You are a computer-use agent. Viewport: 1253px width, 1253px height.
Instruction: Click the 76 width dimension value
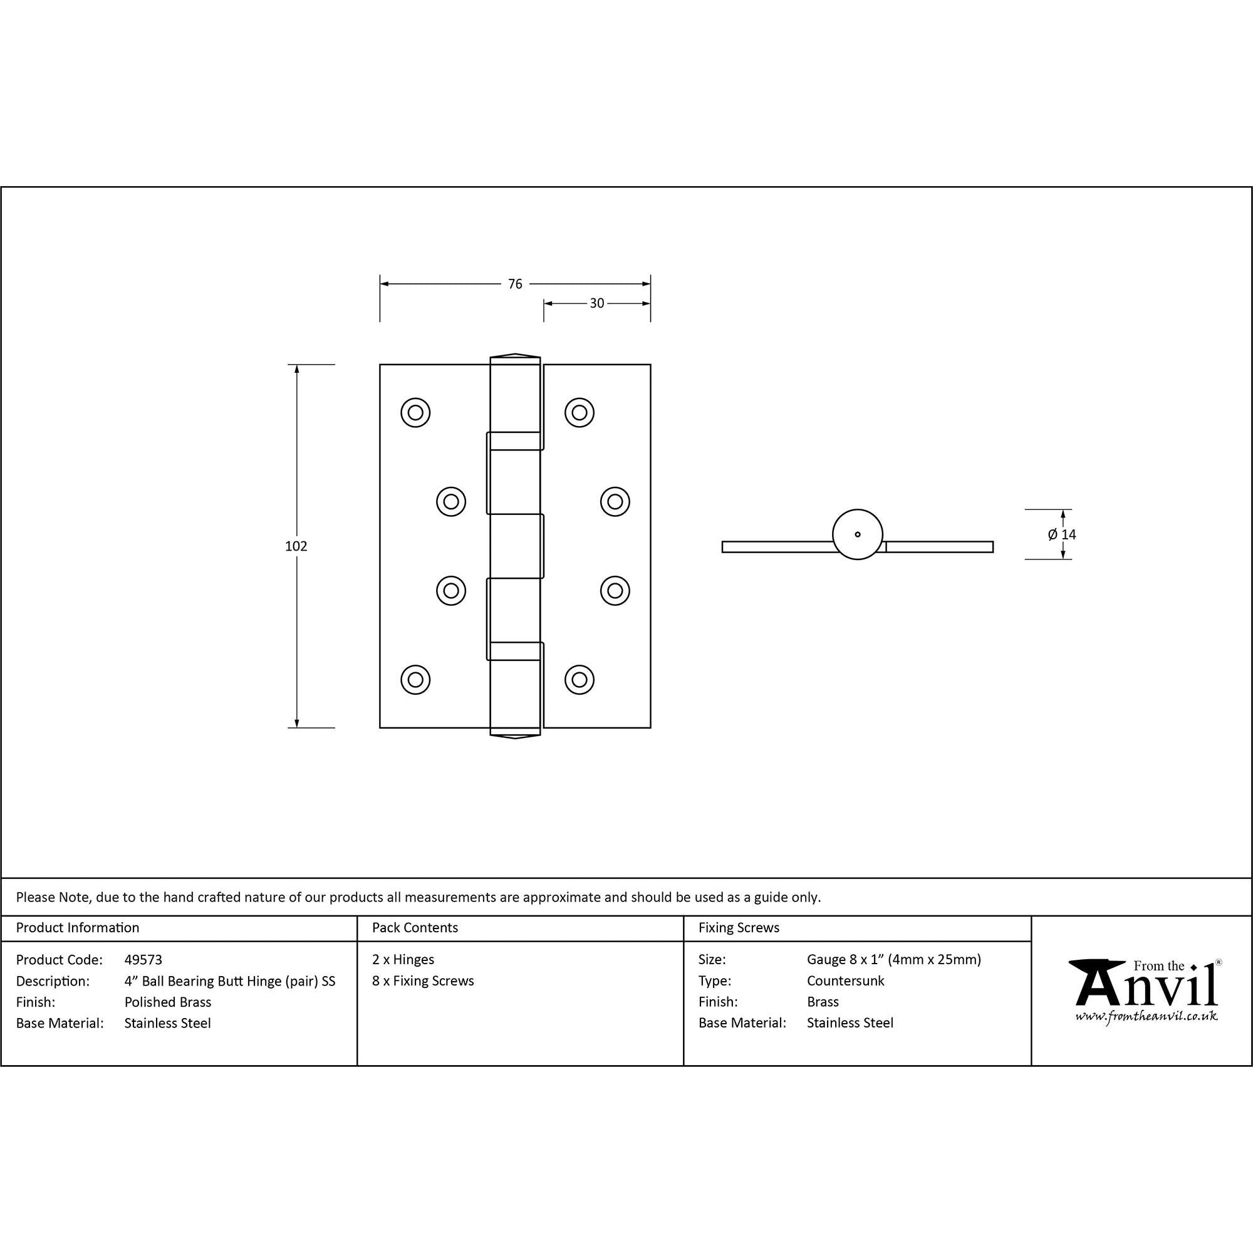(514, 284)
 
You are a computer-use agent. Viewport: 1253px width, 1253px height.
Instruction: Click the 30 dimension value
(596, 303)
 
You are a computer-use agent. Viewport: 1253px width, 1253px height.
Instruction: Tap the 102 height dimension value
(296, 546)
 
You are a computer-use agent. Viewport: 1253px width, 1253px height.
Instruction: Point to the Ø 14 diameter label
(1062, 534)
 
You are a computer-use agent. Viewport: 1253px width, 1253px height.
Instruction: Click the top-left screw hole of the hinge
(415, 412)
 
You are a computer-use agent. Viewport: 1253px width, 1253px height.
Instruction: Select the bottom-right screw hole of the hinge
(579, 680)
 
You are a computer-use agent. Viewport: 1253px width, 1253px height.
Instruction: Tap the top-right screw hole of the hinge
(579, 412)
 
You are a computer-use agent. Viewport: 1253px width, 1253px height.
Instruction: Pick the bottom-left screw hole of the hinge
(415, 680)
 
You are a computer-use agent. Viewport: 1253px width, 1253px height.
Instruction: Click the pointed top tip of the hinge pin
(515, 355)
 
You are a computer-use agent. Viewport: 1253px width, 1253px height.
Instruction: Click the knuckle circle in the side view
(858, 534)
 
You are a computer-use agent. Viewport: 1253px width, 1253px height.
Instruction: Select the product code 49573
(143, 960)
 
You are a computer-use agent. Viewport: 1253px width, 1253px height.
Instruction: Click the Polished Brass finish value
(168, 1002)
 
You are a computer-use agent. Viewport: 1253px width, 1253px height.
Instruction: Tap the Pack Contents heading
(415, 928)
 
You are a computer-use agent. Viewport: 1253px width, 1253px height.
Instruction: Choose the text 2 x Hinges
(403, 959)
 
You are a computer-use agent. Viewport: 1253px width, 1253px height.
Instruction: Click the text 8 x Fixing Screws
(423, 980)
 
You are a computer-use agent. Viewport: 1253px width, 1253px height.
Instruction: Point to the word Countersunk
(845, 980)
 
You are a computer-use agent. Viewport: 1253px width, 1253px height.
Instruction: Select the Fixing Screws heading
(739, 928)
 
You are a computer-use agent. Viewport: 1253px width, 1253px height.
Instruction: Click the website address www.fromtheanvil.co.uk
(1146, 1016)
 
